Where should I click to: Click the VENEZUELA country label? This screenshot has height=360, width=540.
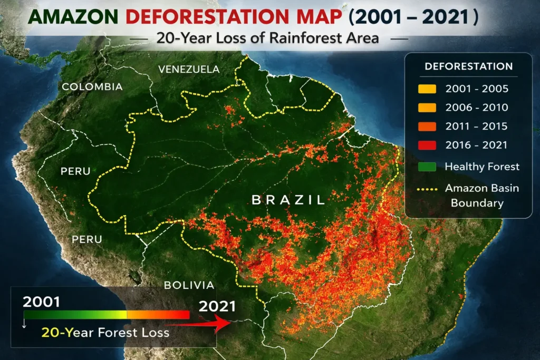pos(189,70)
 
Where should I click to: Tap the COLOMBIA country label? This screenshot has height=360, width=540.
pos(92,86)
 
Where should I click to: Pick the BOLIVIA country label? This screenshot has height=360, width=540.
pos(189,285)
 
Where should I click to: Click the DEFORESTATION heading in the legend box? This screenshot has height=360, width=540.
pos(468,67)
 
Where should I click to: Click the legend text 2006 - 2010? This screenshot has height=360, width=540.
pos(476,108)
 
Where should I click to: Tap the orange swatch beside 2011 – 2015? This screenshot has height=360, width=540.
pos(427,127)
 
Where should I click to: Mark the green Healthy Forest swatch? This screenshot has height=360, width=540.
pos(427,167)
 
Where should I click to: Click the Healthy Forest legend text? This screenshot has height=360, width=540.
pos(482,167)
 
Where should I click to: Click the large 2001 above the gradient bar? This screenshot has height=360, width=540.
pos(41,303)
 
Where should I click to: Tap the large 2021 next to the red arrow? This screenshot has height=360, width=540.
pos(217,306)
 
